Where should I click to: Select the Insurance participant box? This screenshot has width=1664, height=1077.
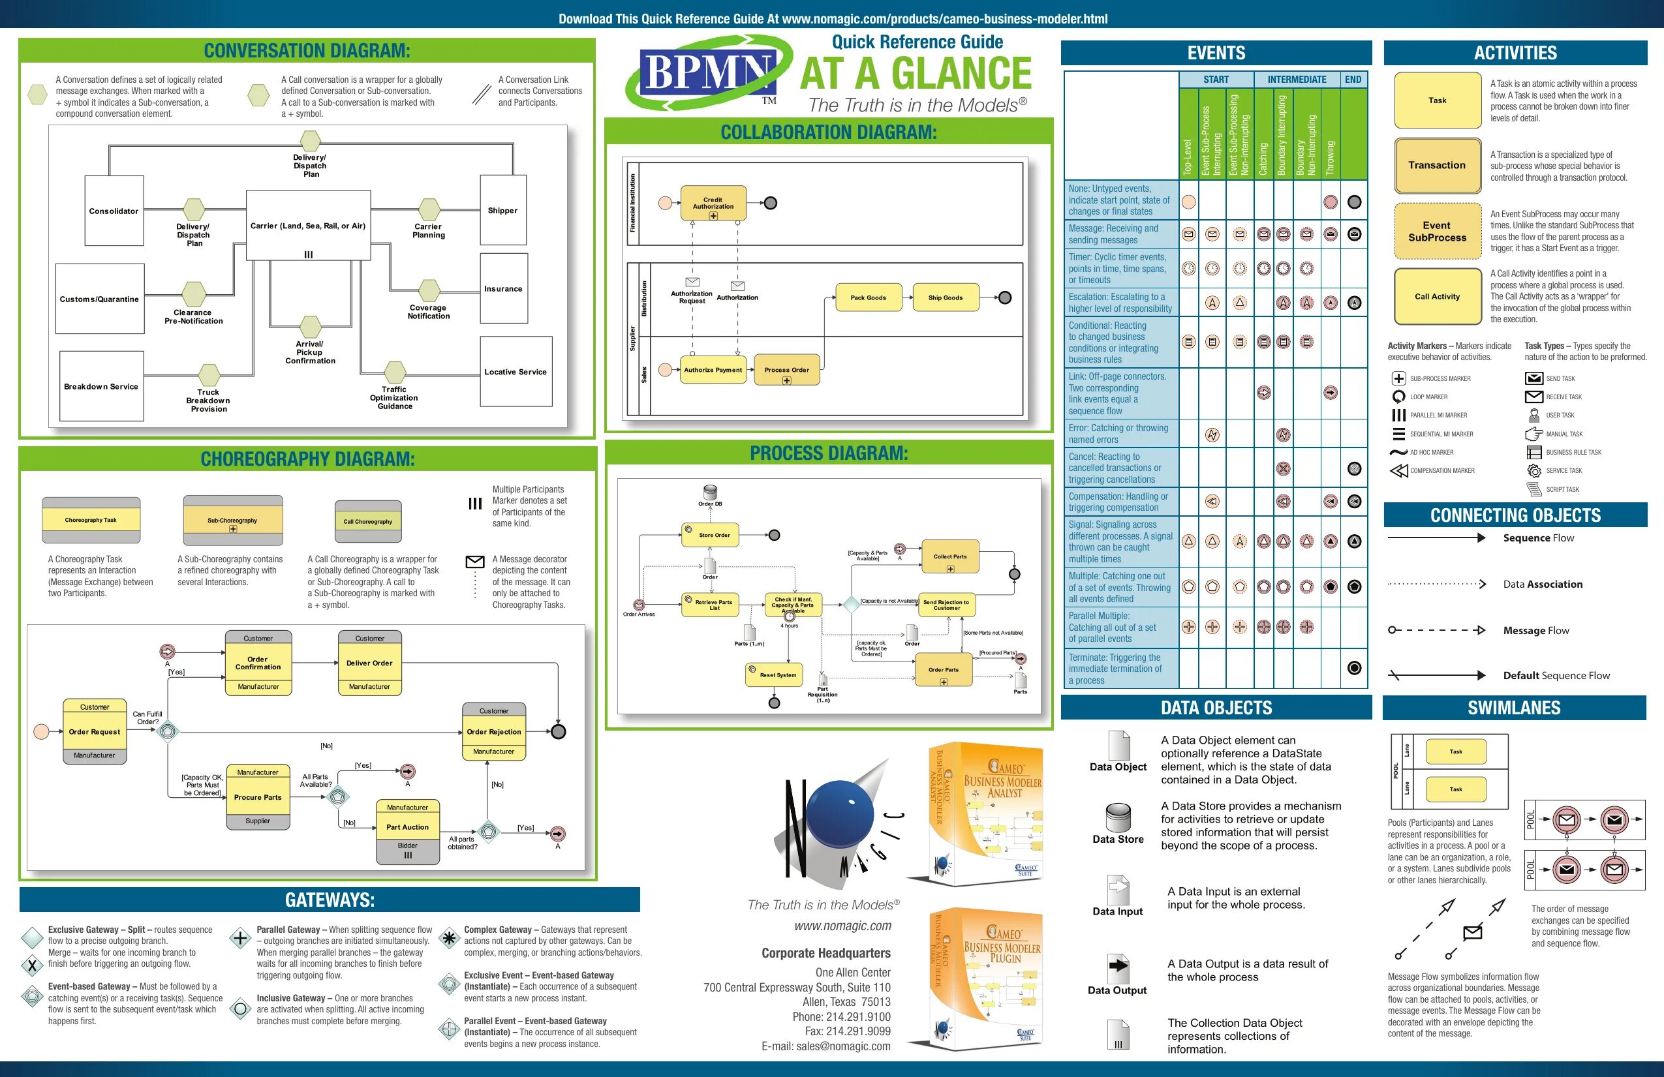pos(503,288)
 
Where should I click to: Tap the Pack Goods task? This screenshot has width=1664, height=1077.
pos(868,297)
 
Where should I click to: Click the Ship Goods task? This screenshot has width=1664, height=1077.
pos(946,297)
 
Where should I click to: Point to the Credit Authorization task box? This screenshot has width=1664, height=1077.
pos(713,204)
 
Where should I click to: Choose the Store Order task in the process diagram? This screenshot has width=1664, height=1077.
pos(714,536)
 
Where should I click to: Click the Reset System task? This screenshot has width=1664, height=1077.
pos(777,675)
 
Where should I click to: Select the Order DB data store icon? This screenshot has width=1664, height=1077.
pos(710,492)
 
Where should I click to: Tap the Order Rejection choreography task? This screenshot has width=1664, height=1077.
pos(493,732)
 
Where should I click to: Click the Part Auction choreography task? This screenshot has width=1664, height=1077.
pos(408,827)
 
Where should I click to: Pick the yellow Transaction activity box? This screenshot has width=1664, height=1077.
pos(1437,166)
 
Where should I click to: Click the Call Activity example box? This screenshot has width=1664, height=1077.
pos(1437,296)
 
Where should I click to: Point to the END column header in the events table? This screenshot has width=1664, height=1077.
pos(1353,80)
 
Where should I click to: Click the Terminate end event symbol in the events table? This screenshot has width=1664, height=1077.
pos(1354,668)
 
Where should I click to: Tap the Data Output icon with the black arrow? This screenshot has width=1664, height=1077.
pos(1118,968)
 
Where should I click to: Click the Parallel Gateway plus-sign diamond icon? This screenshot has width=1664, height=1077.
pos(241,938)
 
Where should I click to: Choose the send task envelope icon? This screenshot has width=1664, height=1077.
pos(1533,379)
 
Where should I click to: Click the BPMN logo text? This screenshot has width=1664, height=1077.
pos(707,72)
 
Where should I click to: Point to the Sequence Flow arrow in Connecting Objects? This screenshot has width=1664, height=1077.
pos(1436,538)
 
